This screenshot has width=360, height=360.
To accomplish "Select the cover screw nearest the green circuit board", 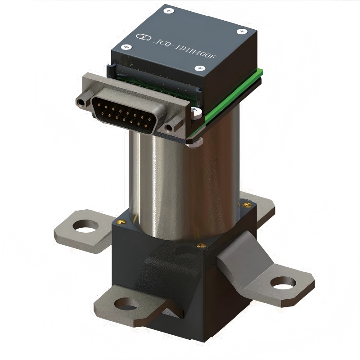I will point(200,68).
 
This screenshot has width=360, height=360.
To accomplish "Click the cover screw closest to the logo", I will point(127,47).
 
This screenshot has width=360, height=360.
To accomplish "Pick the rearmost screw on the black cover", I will point(169,10).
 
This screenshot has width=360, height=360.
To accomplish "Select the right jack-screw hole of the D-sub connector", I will point(169,128).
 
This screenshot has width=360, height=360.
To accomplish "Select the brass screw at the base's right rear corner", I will point(246,205).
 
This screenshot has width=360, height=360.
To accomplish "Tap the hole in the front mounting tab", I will point(125,304).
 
